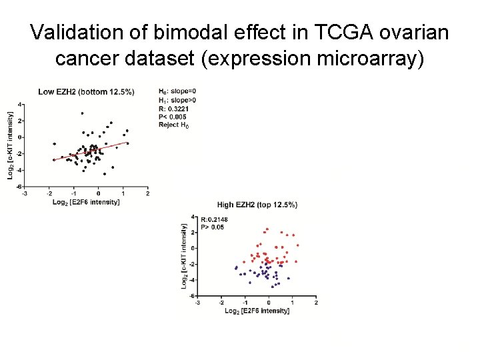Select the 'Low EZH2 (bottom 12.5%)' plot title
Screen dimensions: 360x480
[86, 91]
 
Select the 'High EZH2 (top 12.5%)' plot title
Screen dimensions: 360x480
[257, 205]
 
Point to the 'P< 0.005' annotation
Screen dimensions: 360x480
[173, 117]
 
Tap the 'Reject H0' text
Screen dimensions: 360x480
[174, 125]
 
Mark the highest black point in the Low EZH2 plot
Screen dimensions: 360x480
[82, 113]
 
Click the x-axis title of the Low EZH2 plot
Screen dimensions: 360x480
[86, 201]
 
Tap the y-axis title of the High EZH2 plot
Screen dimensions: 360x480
[184, 256]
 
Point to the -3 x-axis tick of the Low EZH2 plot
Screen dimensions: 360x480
[25, 194]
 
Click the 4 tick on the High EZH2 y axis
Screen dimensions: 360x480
[193, 217]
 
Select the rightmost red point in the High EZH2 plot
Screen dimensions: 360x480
[297, 245]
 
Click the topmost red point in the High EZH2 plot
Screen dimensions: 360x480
[267, 229]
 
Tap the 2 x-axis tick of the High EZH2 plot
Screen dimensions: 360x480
[316, 303]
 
